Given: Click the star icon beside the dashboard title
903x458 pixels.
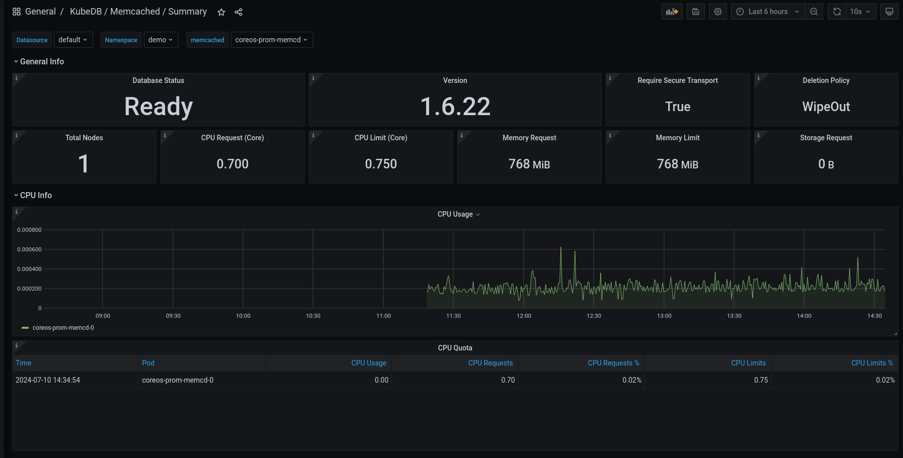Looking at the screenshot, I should click(221, 12).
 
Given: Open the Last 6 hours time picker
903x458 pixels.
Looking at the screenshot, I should click(768, 12).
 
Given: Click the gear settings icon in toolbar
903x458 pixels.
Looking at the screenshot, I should click(718, 12).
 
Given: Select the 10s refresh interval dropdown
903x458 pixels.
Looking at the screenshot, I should click(860, 12).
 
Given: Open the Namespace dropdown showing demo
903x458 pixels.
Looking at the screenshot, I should click(161, 40).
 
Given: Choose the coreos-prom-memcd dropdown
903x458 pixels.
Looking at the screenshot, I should click(272, 40).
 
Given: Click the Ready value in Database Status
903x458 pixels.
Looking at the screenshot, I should click(158, 107).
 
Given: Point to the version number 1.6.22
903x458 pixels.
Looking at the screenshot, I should click(455, 107).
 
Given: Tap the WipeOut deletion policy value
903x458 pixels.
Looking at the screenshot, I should click(826, 107).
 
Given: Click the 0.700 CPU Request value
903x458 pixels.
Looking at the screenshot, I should click(232, 164).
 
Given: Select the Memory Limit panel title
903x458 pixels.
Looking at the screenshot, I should click(677, 138).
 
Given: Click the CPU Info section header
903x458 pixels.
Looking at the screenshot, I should click(36, 195).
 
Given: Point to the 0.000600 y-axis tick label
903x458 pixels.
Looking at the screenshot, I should click(29, 249).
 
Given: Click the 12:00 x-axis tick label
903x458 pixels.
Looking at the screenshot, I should click(524, 316).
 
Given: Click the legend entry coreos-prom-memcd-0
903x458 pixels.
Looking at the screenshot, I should click(63, 328).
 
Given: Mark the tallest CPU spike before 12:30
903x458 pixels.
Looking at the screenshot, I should click(561, 248).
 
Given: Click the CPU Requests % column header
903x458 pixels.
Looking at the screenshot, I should click(613, 363).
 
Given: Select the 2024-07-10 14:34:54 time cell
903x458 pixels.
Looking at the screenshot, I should click(48, 380).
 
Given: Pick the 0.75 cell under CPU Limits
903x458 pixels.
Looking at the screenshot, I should click(761, 380).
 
